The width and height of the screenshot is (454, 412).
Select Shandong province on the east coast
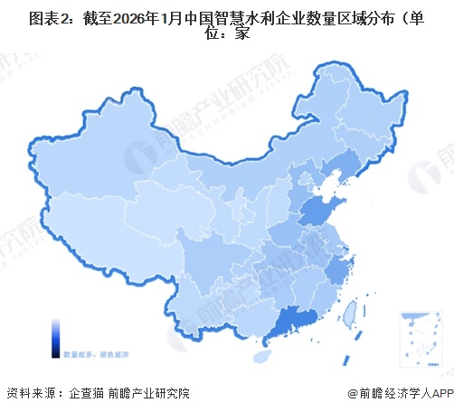317,213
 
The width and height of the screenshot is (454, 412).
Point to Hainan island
263,358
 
